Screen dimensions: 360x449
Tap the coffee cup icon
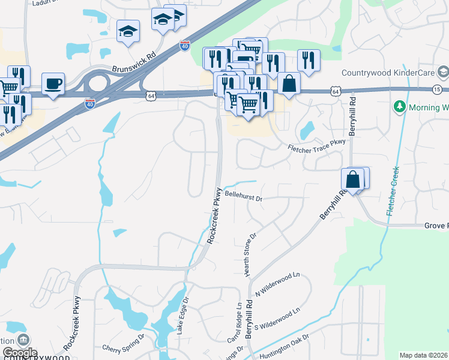pyautogui.click(x=53, y=83)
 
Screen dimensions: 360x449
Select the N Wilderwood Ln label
pyautogui.click(x=277, y=284)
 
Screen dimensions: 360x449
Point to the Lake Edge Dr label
pyautogui.click(x=182, y=314)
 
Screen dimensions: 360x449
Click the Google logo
pyautogui.click(x=19, y=353)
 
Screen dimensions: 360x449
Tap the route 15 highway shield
pyautogui.click(x=439, y=89)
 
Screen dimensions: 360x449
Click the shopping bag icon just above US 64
pyautogui.click(x=289, y=83)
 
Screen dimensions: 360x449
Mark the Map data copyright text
pyautogui.click(x=423, y=355)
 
